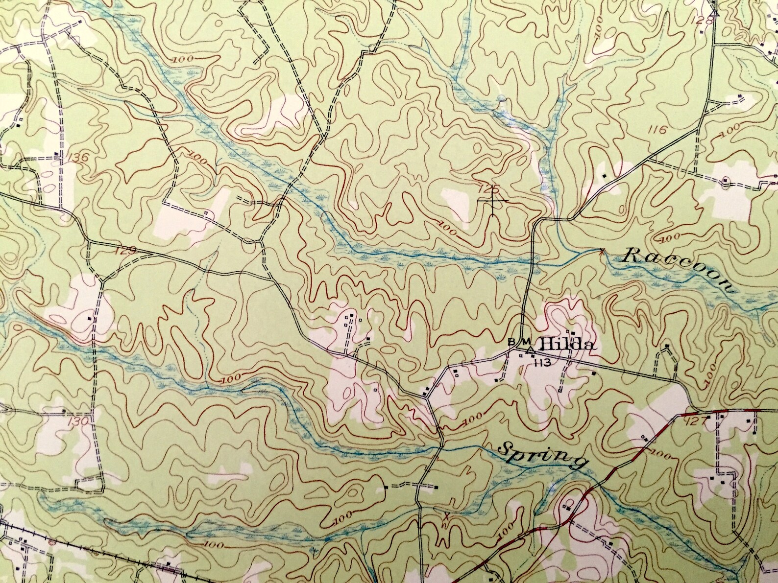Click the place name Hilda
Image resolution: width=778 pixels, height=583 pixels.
point(568,346)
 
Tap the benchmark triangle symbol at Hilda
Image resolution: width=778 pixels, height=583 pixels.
point(529,350)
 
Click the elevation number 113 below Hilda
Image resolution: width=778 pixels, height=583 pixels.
point(540,363)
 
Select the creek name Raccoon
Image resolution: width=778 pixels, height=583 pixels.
point(679,271)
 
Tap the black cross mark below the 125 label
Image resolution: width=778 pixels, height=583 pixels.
point(492,201)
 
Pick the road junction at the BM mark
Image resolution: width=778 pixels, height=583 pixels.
point(521,350)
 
